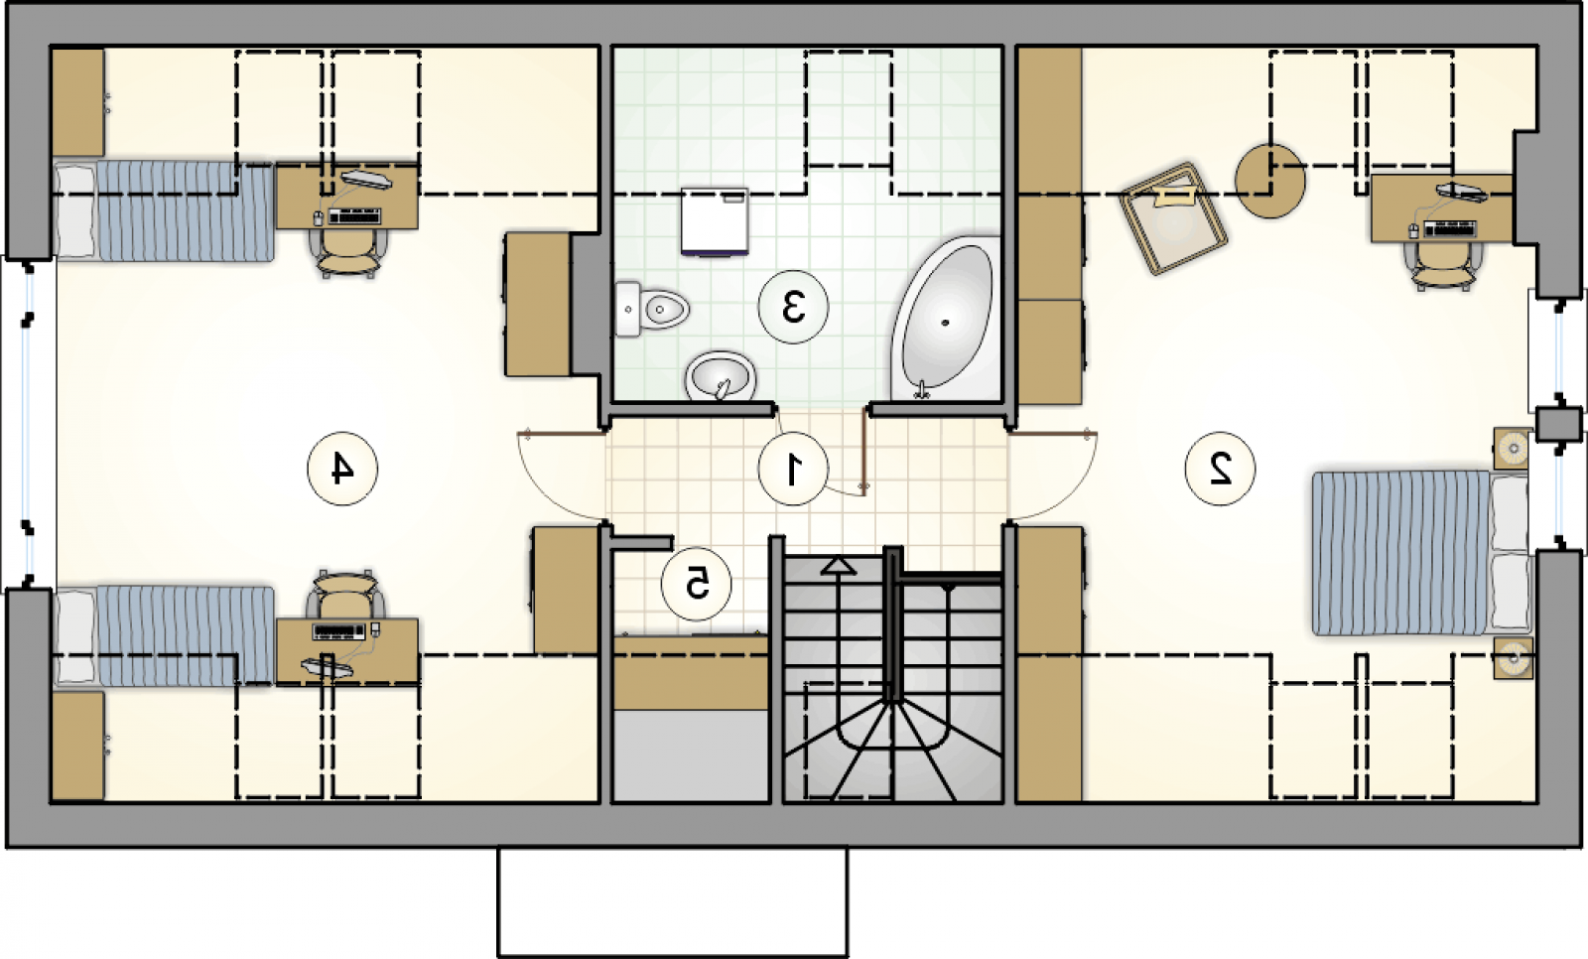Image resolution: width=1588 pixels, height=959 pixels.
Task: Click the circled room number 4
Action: point(342,469)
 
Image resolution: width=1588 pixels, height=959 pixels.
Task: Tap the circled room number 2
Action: point(1220,469)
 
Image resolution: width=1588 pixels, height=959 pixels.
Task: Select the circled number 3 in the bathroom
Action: point(793,307)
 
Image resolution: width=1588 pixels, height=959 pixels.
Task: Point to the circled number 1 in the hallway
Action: point(793,469)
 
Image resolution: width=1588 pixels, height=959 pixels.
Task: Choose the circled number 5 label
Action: point(696,583)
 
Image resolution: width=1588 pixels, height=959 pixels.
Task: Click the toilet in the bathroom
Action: point(651,309)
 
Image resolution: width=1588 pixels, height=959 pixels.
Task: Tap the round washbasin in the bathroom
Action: point(721,376)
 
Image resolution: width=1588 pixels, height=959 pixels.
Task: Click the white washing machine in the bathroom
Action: point(715,221)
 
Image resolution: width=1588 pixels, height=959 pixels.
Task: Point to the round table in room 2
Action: point(1269,181)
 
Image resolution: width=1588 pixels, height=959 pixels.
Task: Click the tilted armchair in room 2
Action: point(1173,218)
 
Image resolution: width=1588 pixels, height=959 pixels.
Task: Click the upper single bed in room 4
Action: point(164,211)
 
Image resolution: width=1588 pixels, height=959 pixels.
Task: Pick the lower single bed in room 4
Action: point(164,635)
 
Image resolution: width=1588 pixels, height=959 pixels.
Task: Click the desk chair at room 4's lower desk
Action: point(345,595)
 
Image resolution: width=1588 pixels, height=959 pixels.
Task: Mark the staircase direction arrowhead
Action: point(838,566)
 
